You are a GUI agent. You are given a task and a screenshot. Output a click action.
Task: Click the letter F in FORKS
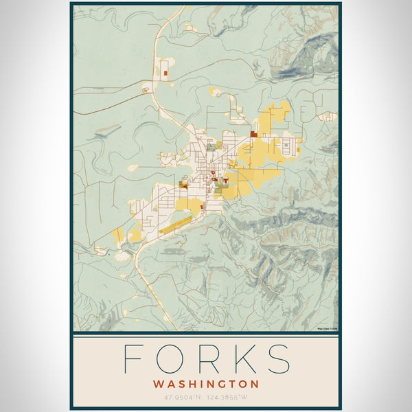point(133,358)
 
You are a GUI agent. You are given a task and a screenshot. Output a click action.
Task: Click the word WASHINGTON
point(206,384)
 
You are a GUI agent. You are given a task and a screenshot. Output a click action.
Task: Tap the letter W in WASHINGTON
point(159,384)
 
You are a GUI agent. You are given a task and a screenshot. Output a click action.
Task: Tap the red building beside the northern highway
point(165,71)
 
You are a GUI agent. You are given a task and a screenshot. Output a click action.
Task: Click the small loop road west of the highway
point(146,89)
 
